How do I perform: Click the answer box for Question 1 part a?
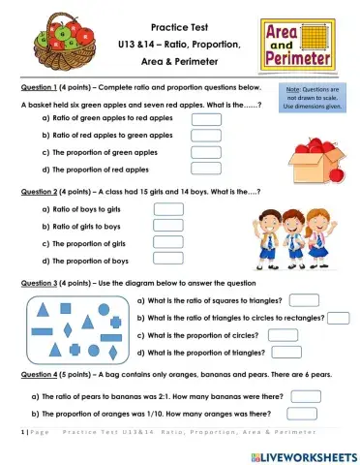click(206, 117)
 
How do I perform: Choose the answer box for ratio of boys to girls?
click(168, 208)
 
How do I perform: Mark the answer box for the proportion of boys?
click(168, 260)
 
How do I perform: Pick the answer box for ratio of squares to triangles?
click(304, 300)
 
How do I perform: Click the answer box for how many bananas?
click(306, 395)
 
